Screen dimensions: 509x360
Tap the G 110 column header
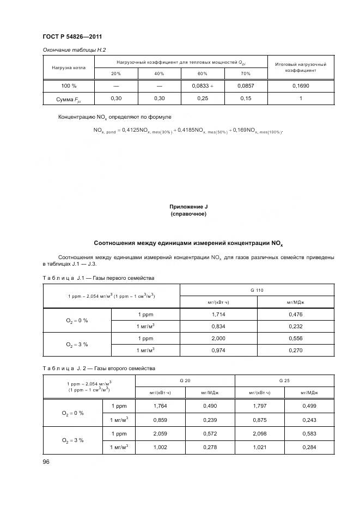click(257, 291)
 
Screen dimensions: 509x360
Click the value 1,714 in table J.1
click(218, 314)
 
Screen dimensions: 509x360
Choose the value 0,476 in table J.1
click(295, 314)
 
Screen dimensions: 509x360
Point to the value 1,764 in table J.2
click(160, 406)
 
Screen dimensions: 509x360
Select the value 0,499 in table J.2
click(308, 406)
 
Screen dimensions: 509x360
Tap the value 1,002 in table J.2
click(160, 447)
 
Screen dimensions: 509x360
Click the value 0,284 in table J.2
click(308, 447)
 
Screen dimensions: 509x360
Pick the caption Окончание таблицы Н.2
click(74, 50)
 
